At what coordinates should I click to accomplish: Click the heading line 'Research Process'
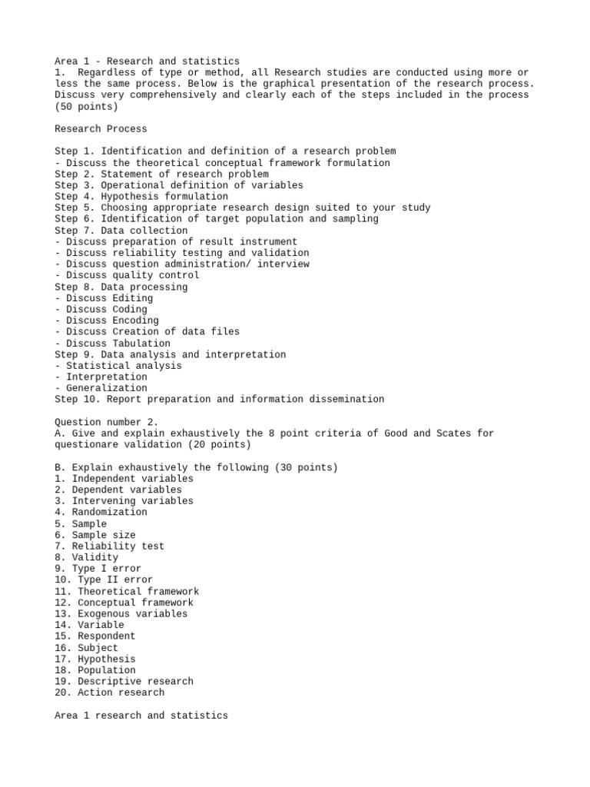tap(101, 129)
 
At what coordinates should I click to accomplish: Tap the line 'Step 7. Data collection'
tap(121, 231)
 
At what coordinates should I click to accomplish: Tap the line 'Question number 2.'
tap(106, 422)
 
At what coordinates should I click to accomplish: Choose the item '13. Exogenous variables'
tap(121, 614)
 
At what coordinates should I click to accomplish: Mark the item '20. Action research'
tap(109, 692)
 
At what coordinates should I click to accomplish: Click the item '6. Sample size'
tap(94, 535)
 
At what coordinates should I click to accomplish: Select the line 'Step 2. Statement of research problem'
tap(161, 174)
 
